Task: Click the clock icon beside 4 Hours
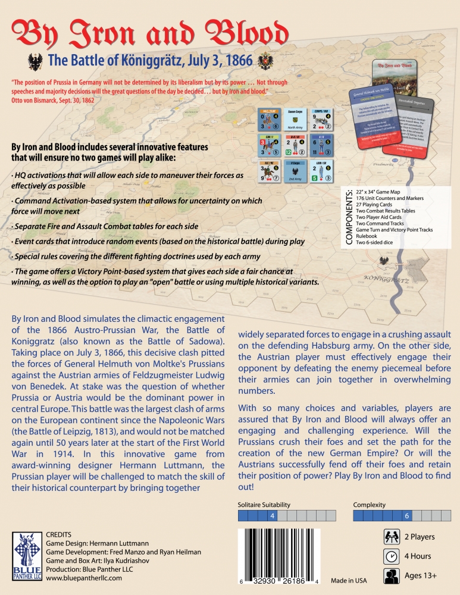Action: pos(391,556)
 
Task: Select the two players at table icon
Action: pos(391,537)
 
